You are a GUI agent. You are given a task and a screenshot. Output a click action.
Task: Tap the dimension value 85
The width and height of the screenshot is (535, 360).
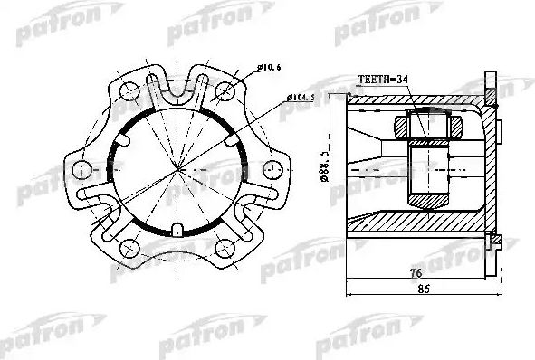point(419,292)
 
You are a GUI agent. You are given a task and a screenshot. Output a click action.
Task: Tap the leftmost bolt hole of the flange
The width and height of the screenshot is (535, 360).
point(81,168)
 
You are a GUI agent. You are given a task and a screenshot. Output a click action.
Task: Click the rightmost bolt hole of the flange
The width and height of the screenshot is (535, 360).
point(269,168)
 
